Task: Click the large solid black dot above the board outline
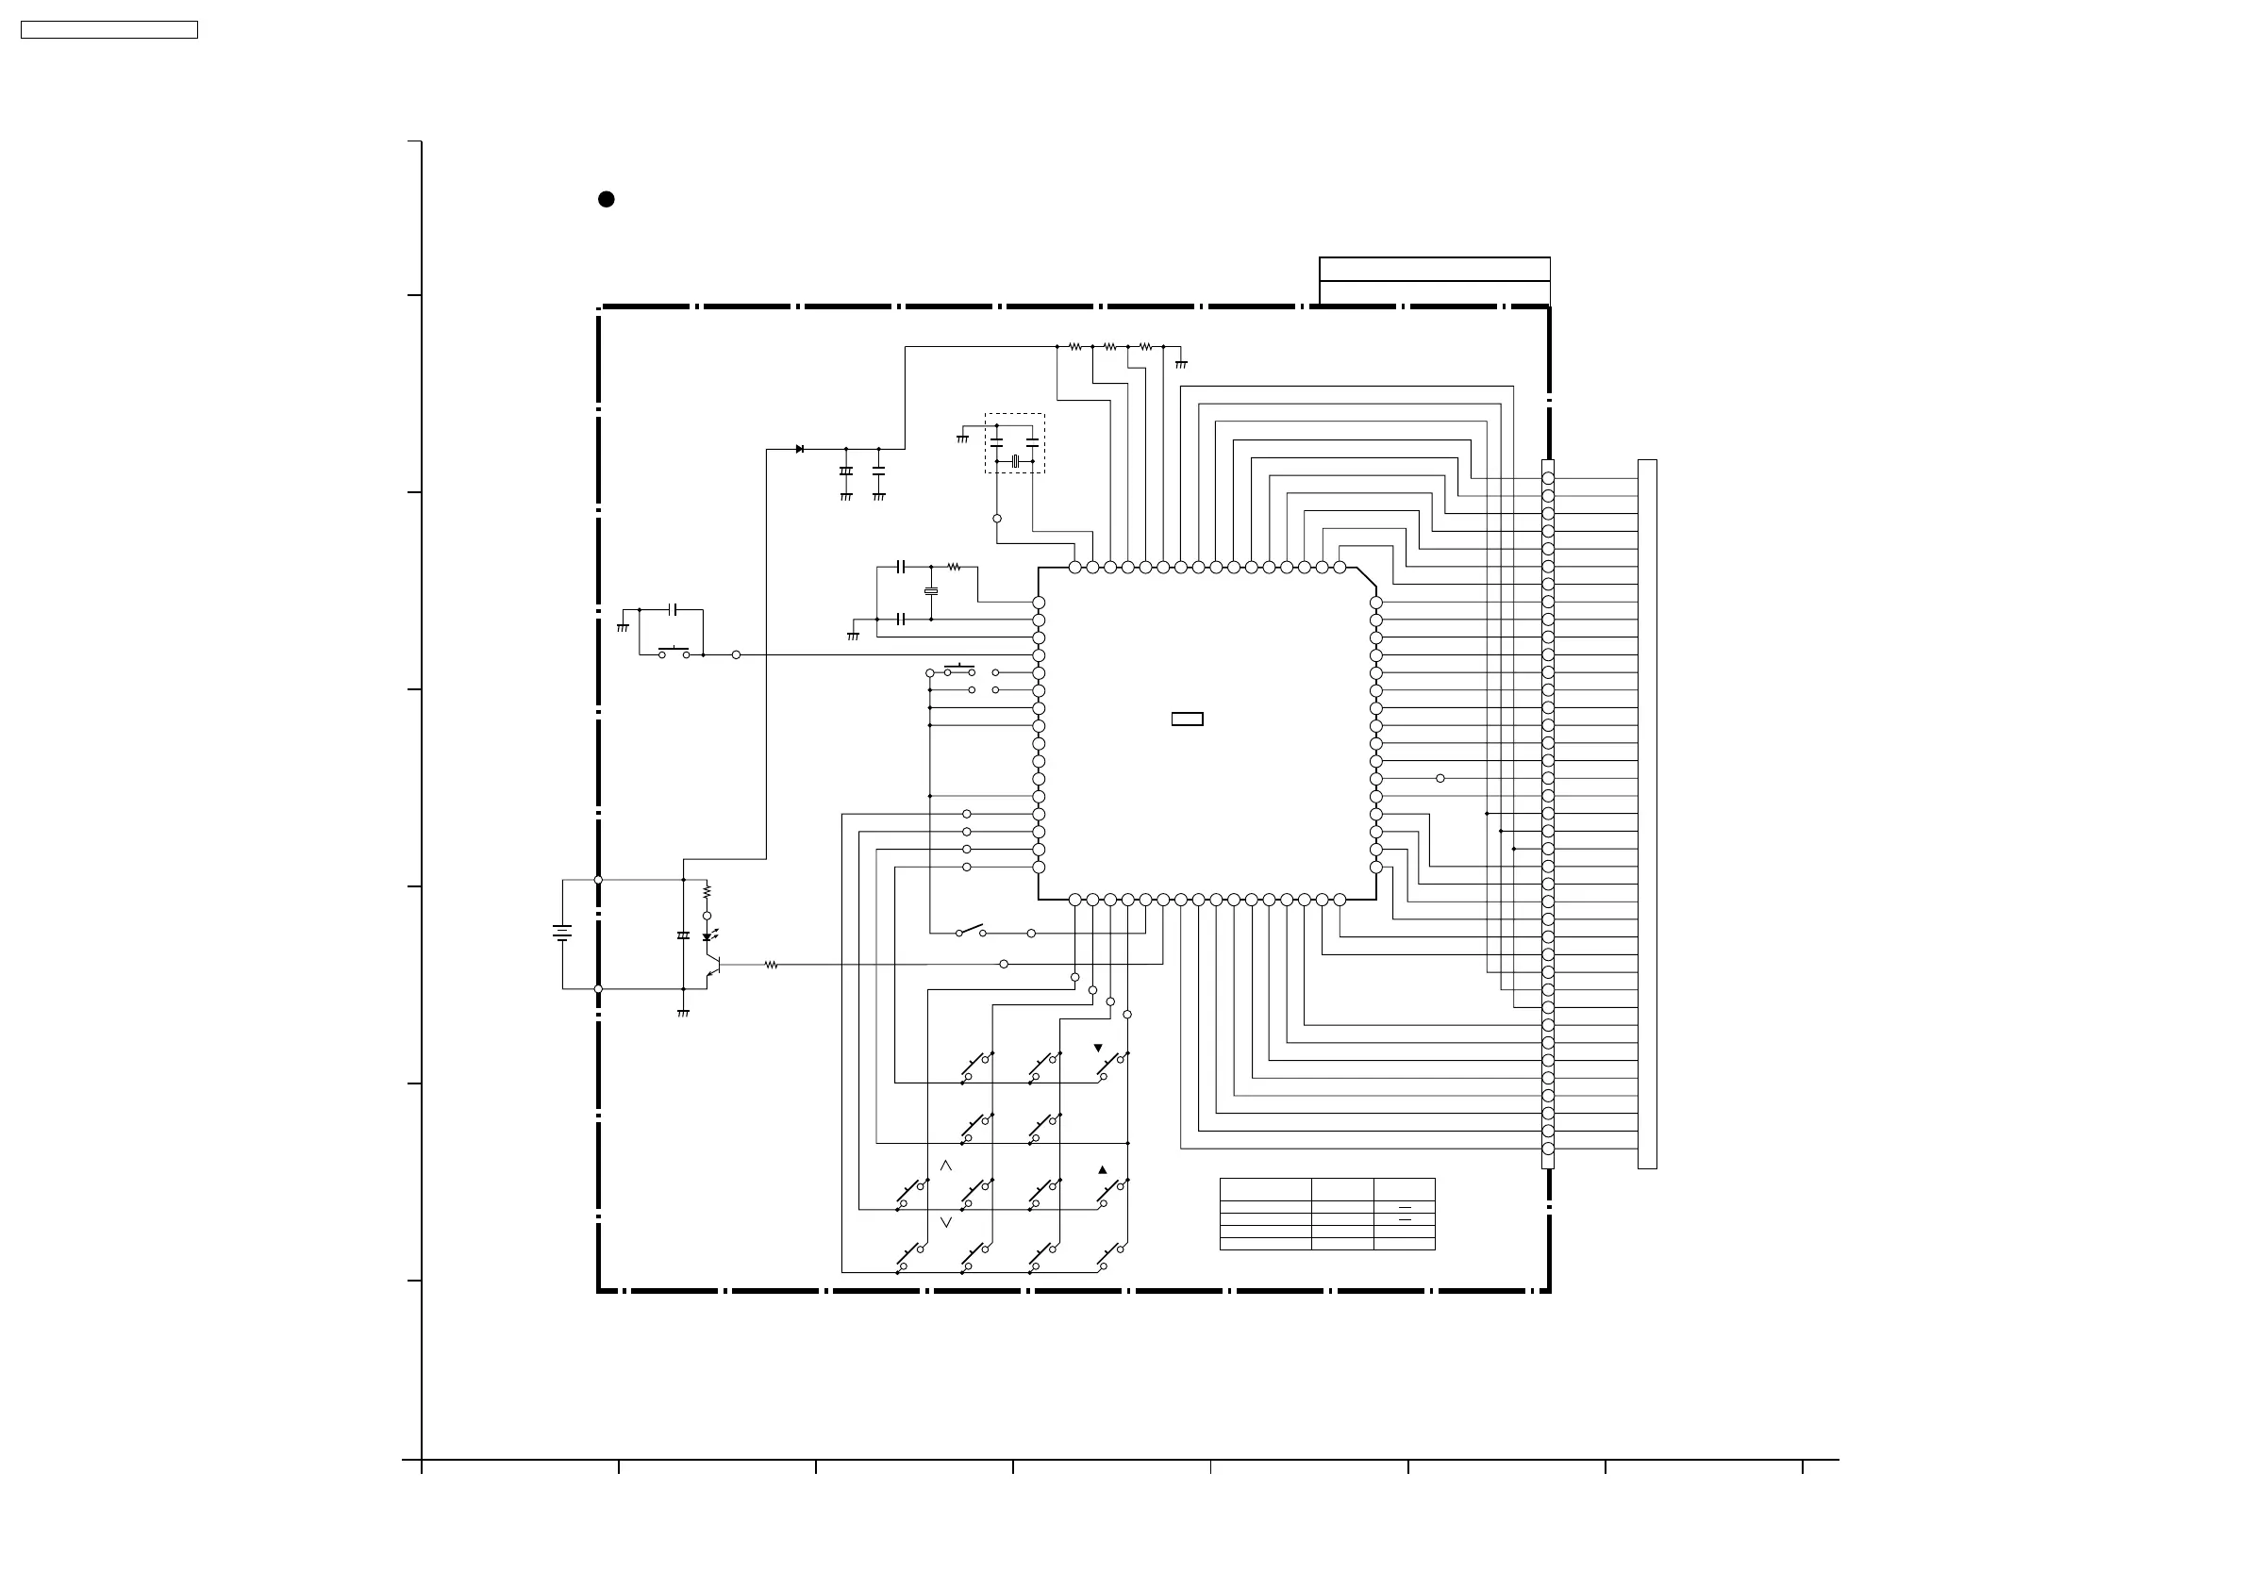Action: click(x=606, y=200)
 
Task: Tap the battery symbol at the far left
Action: click(x=562, y=934)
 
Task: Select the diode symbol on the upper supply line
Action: click(x=800, y=449)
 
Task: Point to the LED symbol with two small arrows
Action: click(x=707, y=936)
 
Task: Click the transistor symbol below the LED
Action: click(x=714, y=965)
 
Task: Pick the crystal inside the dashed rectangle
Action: click(x=1015, y=461)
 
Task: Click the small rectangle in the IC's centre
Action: click(x=1187, y=720)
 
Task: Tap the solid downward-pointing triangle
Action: click(x=1098, y=1048)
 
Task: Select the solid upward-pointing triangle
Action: click(x=1103, y=1169)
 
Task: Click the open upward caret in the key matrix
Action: click(x=945, y=1166)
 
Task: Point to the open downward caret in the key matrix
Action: click(x=945, y=1222)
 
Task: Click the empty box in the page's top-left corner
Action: click(x=108, y=30)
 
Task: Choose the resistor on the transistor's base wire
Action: click(x=772, y=965)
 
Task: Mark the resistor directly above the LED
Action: click(x=707, y=891)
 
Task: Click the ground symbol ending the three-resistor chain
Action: click(x=1181, y=364)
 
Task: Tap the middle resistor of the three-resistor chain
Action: click(x=1109, y=346)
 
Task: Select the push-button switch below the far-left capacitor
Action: click(x=674, y=653)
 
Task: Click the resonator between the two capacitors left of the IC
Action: click(x=931, y=591)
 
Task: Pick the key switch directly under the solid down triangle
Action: click(x=1114, y=1066)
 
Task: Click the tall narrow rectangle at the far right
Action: click(x=1647, y=814)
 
